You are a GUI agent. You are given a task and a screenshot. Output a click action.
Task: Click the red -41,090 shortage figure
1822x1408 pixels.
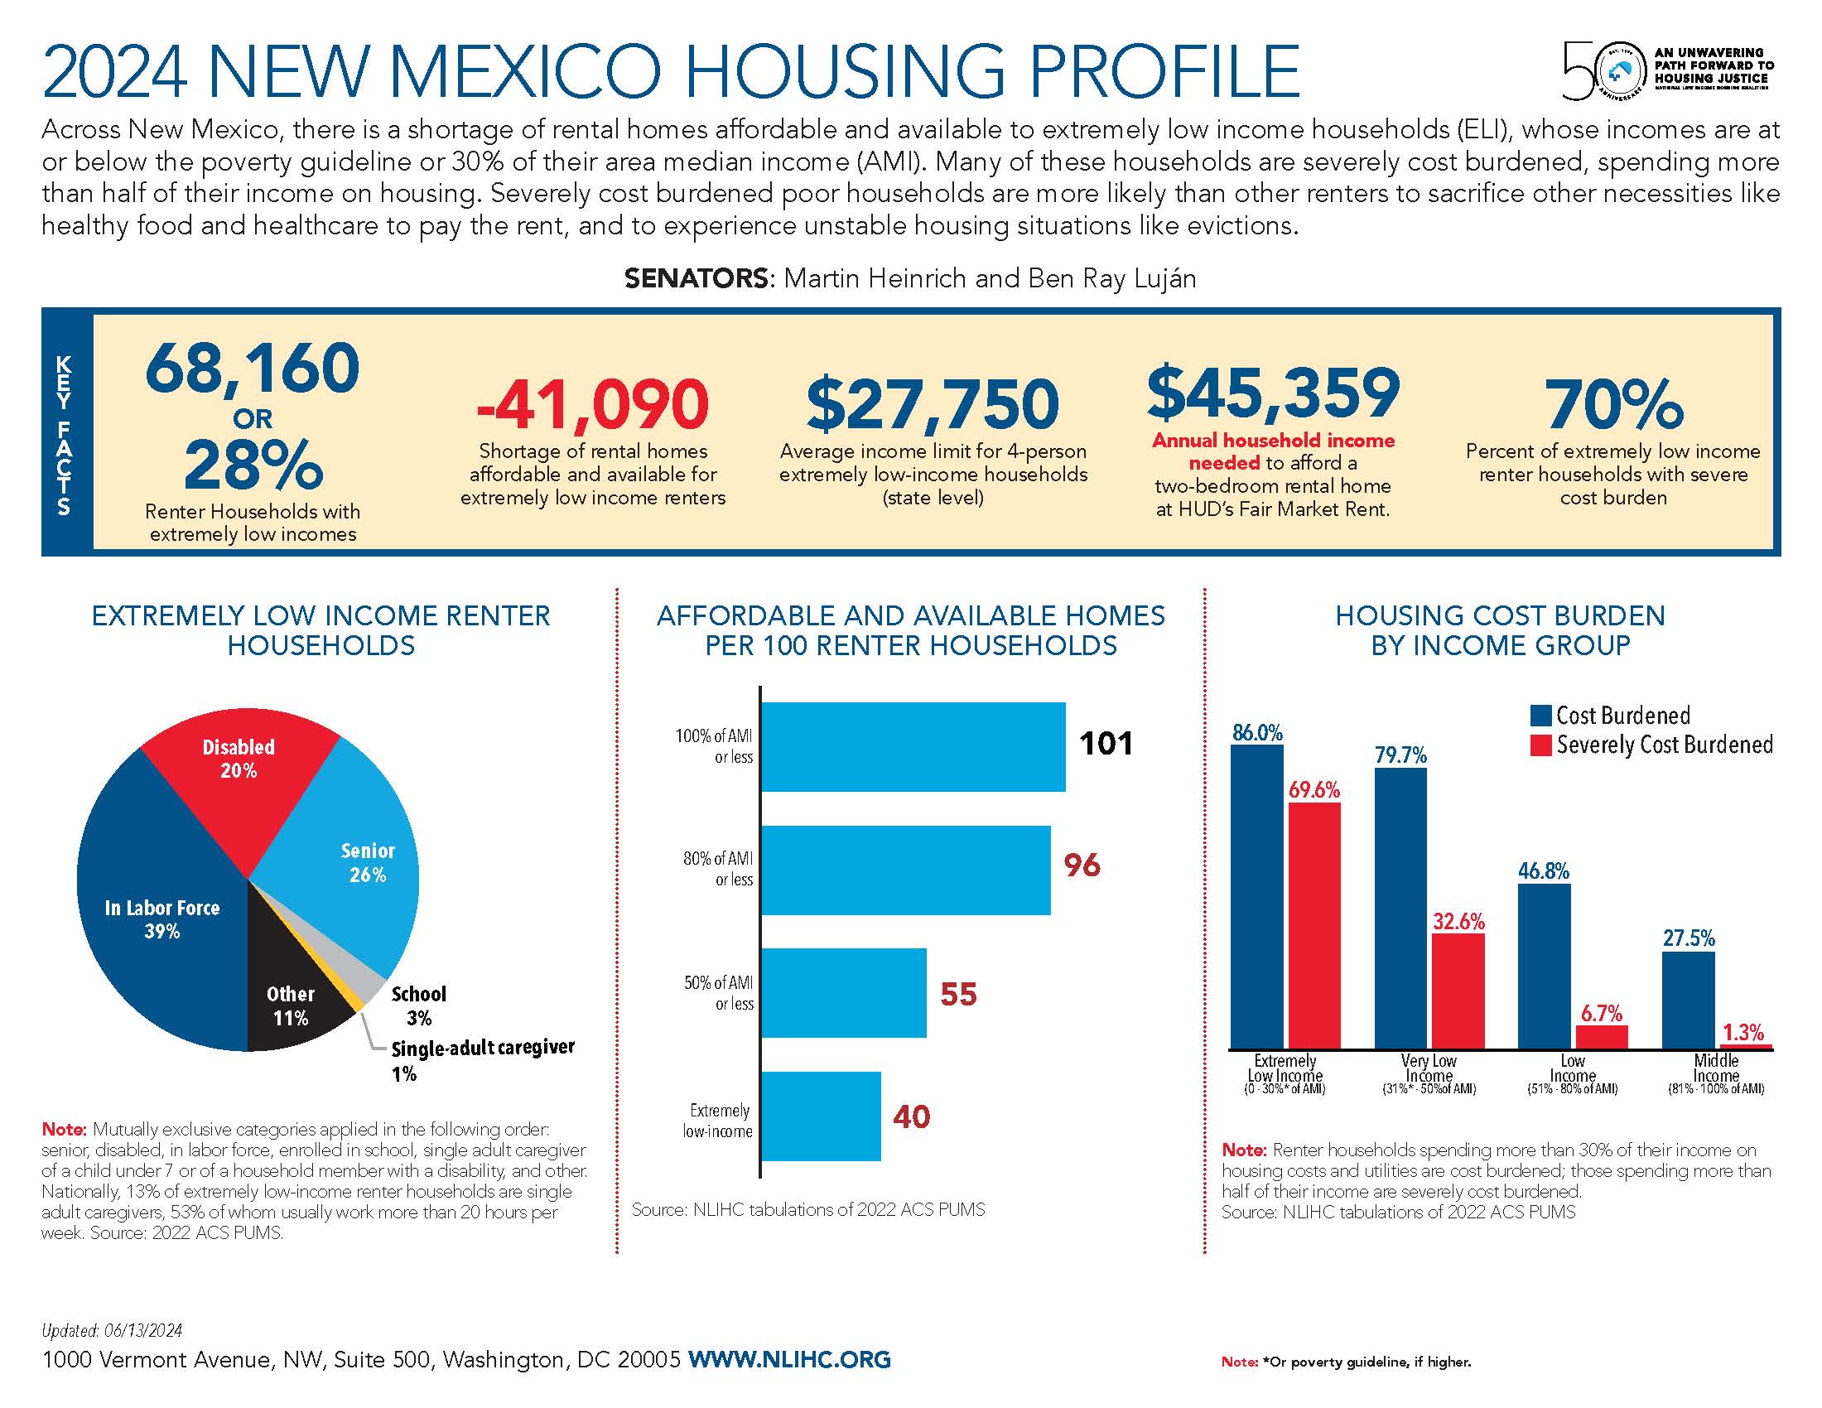coord(592,403)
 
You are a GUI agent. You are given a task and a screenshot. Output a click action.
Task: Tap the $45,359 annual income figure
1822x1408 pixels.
coord(1273,392)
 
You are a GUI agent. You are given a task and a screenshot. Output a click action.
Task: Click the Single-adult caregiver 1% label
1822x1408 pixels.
coord(482,1059)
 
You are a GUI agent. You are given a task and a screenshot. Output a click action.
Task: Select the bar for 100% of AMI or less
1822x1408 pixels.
coord(913,746)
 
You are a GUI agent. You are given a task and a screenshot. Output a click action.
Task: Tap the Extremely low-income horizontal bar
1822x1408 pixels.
coord(821,1116)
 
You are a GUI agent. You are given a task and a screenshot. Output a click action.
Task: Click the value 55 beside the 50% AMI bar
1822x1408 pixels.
coord(957,993)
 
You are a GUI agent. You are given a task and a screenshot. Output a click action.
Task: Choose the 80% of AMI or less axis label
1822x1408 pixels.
coord(718,868)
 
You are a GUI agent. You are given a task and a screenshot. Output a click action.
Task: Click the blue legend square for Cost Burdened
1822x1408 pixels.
coord(1540,716)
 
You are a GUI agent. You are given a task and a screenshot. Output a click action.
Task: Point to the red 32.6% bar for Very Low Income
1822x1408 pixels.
coord(1458,990)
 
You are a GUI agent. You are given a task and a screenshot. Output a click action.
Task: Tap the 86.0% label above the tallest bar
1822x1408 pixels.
coord(1257,732)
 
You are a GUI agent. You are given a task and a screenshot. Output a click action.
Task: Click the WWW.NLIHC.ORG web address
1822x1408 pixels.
coord(789,1359)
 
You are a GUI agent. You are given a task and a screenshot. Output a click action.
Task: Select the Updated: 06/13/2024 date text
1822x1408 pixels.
coord(112,1330)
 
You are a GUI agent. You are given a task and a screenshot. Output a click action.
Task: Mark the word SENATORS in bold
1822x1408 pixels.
coord(697,277)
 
